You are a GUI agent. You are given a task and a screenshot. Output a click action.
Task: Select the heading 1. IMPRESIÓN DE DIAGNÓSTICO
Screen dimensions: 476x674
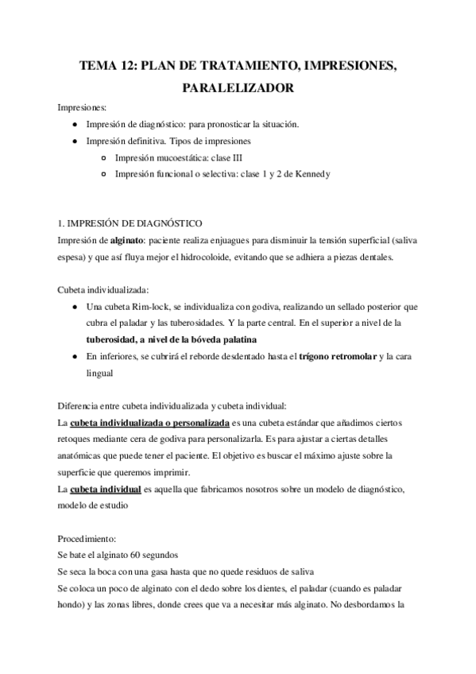coord(131,224)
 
